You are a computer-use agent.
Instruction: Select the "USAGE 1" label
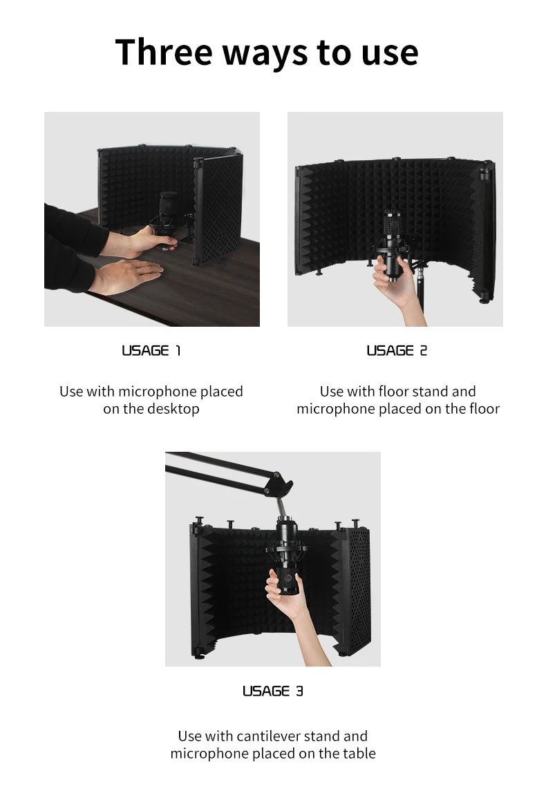pyautogui.click(x=151, y=350)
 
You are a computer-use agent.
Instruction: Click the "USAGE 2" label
pyautogui.click(x=397, y=350)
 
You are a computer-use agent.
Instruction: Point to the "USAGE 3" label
pyautogui.click(x=272, y=691)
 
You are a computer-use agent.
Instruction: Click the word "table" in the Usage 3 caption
pyautogui.click(x=357, y=754)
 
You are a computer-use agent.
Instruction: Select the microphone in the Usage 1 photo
pyautogui.click(x=168, y=214)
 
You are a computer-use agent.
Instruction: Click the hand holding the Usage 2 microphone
pyautogui.click(x=389, y=276)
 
